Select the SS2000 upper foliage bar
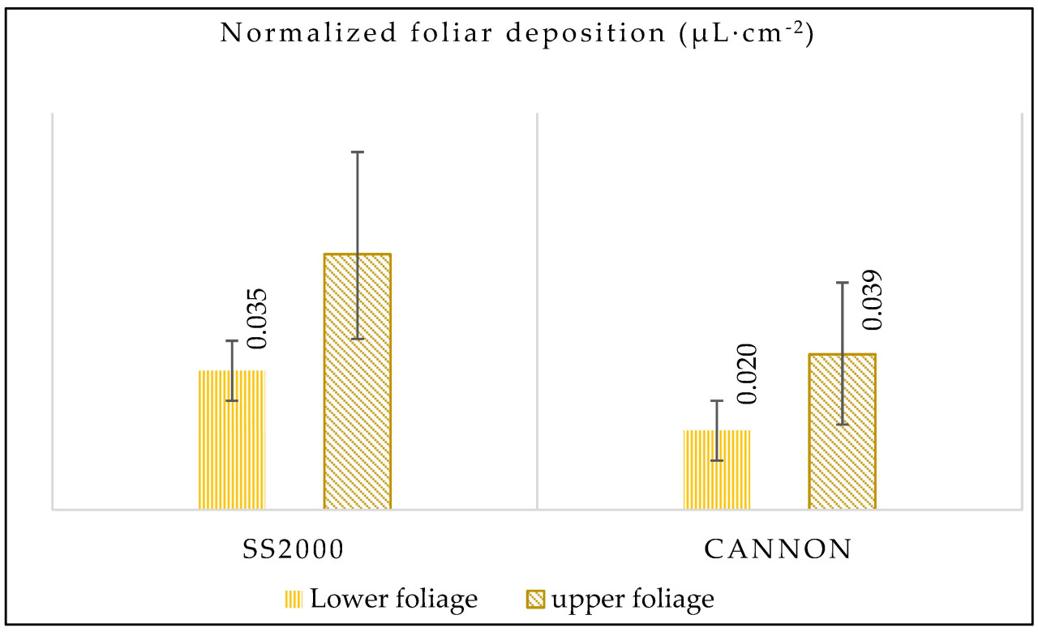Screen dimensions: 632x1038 [x=357, y=382]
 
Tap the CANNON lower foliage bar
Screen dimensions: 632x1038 [x=717, y=470]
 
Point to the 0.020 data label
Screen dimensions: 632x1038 [x=746, y=374]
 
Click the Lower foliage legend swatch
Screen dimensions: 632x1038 [x=293, y=600]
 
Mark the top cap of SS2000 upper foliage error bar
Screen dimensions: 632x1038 [x=357, y=152]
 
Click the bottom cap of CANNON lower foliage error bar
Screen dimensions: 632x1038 [x=717, y=460]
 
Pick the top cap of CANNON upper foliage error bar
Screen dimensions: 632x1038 [x=842, y=282]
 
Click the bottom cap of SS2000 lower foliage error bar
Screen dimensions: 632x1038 [x=232, y=400]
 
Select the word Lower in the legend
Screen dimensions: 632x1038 [x=343, y=600]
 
